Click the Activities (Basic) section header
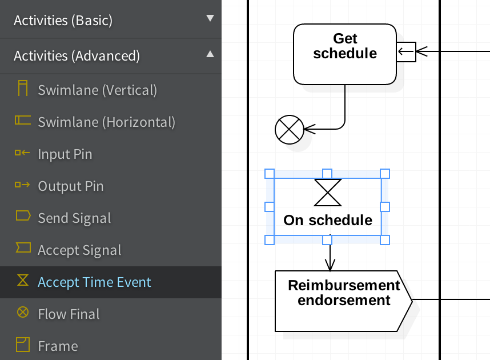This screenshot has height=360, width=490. [x=63, y=21]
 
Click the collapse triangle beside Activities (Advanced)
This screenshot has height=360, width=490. [x=210, y=54]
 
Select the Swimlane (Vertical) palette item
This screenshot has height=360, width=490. [x=97, y=90]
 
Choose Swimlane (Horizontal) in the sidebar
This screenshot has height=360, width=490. [x=106, y=122]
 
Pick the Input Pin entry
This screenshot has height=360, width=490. [x=65, y=154]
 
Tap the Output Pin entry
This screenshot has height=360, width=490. [x=70, y=186]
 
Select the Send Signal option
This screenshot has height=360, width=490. [x=74, y=218]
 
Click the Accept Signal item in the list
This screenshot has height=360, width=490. [x=79, y=250]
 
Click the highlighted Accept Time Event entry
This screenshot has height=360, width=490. [x=94, y=282]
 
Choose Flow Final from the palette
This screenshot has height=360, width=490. [x=69, y=314]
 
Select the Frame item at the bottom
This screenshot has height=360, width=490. [x=58, y=346]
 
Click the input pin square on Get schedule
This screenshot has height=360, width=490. [x=406, y=52]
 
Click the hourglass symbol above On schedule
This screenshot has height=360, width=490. [x=328, y=192]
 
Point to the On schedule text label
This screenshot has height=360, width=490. [x=328, y=221]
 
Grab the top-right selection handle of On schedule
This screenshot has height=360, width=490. [x=385, y=173]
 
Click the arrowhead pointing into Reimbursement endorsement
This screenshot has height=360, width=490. [x=330, y=265]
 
